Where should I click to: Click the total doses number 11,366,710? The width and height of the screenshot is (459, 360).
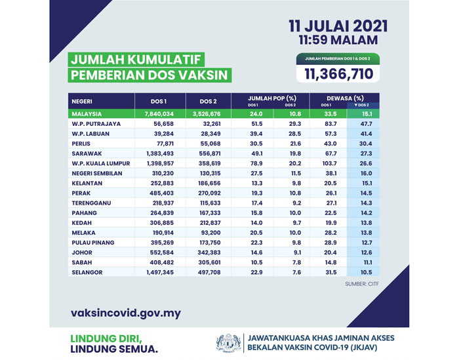(338, 74)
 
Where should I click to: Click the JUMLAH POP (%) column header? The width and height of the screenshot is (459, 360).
(271, 99)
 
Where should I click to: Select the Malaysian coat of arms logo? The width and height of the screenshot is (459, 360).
(229, 344)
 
